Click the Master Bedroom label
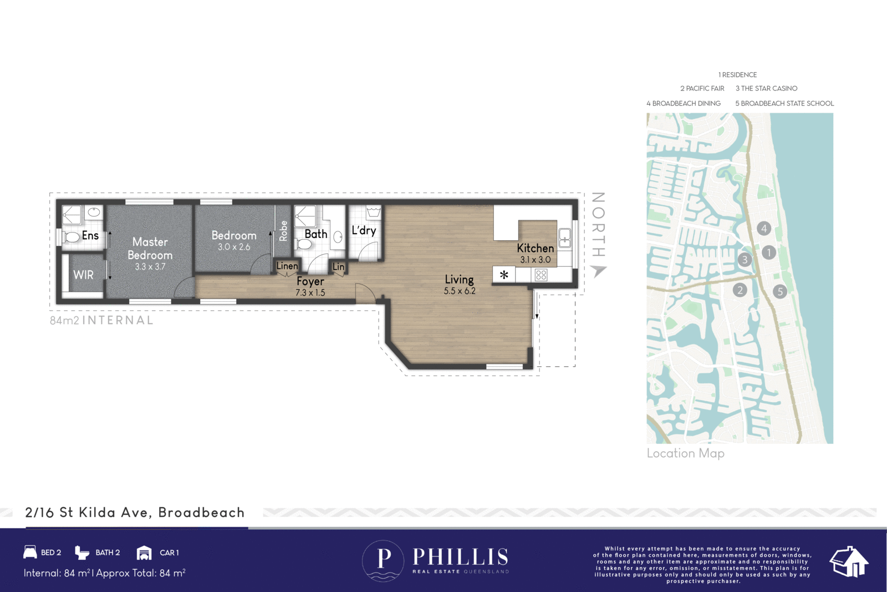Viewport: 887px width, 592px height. [150, 249]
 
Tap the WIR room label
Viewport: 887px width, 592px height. [83, 275]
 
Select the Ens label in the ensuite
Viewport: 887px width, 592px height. [90, 235]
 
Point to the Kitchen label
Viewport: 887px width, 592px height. [535, 248]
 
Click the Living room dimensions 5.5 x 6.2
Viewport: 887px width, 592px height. [460, 291]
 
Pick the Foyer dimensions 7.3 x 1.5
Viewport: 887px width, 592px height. [310, 293]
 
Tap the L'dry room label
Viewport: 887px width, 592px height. [364, 230]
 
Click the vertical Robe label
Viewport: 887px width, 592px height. [283, 231]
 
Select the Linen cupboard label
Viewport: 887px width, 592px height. [287, 266]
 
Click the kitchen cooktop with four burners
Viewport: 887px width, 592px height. [541, 275]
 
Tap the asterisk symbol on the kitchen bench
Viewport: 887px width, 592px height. [504, 275]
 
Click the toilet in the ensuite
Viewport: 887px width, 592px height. [72, 237]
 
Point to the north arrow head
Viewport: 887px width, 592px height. [598, 271]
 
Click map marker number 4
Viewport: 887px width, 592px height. [764, 228]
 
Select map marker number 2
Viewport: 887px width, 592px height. [740, 290]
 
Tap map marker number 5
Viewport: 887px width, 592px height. [780, 291]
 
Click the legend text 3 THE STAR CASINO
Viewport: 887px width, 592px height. [766, 88]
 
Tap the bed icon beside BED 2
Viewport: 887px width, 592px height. [30, 552]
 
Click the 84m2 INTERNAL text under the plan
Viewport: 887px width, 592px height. [101, 320]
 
